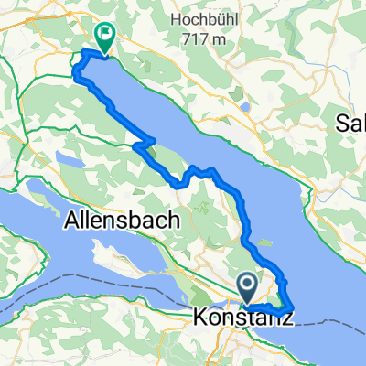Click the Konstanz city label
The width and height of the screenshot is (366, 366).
[242, 318]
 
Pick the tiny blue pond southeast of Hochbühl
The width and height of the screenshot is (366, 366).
[244, 105]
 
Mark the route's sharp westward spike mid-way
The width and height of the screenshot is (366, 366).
[136, 145]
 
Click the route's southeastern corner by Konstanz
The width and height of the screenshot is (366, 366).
[291, 309]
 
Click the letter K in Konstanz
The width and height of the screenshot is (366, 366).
[201, 318]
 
